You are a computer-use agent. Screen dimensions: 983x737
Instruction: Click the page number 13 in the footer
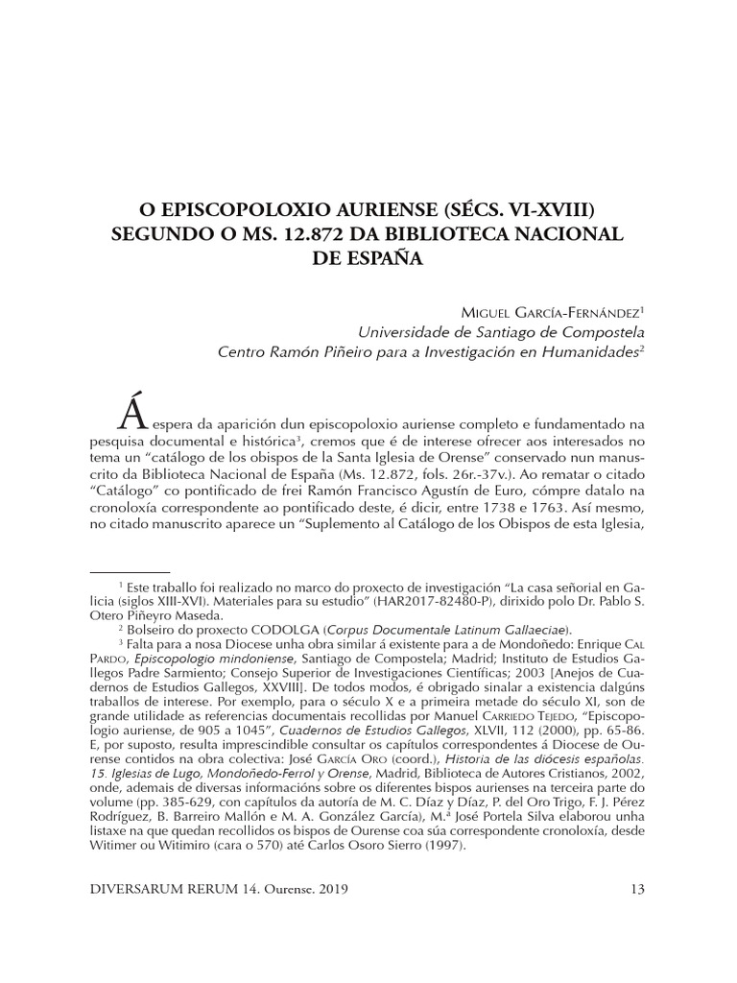(x=635, y=889)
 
